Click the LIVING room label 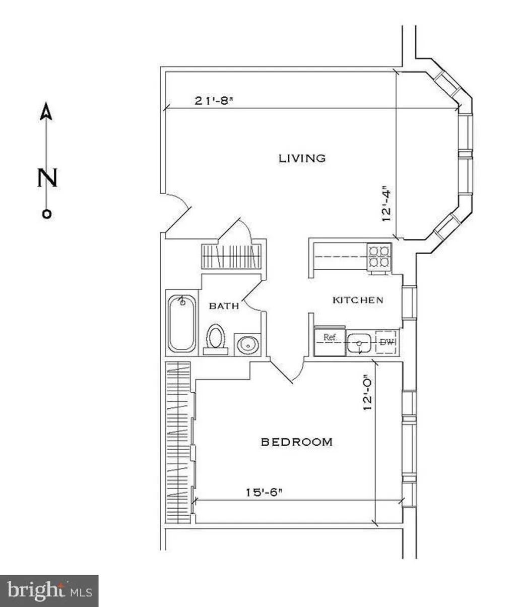click(x=302, y=159)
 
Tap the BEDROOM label click(x=297, y=442)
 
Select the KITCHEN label click(x=358, y=300)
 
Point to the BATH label click(x=224, y=306)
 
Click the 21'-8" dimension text click(x=214, y=101)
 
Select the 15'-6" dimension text click(x=264, y=493)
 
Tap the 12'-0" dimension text click(x=367, y=393)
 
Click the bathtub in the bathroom click(x=182, y=323)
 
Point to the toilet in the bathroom click(x=216, y=339)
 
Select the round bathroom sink click(x=248, y=345)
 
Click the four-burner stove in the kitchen click(x=379, y=257)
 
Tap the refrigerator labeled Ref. click(x=330, y=341)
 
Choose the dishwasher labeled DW click(x=385, y=342)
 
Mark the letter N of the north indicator click(x=47, y=177)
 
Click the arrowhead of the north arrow click(x=46, y=111)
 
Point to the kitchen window click(x=410, y=302)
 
